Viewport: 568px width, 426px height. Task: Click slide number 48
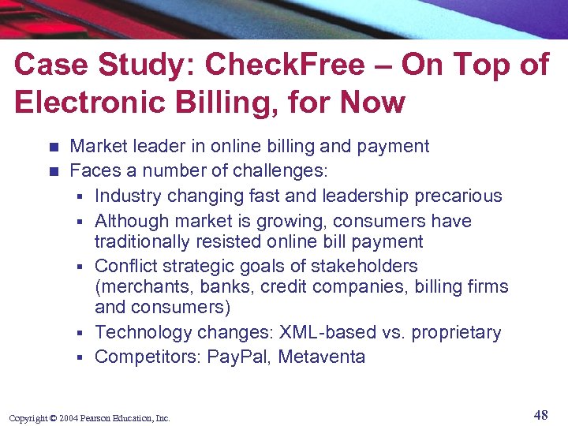[540, 415]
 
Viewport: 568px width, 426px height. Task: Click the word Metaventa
[322, 357]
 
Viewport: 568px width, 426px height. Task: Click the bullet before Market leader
[53, 147]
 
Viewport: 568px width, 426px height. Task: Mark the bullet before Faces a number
[53, 170]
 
